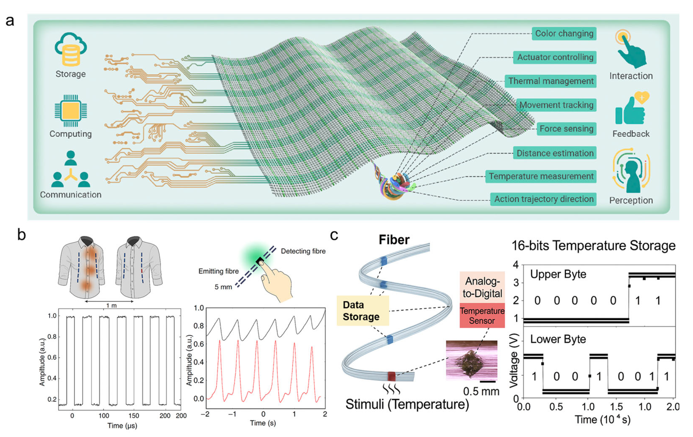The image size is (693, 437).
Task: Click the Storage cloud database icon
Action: point(70,49)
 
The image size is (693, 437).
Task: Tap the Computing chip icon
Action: point(70,111)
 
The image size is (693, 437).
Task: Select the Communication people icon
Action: point(70,170)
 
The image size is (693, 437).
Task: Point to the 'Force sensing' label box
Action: point(566,129)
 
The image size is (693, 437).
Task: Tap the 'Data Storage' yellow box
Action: point(363,311)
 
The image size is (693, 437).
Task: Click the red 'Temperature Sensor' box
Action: point(482,316)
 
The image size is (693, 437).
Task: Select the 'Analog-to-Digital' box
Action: point(482,287)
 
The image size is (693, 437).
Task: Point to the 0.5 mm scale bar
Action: point(488,382)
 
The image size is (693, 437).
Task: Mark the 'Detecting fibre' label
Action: point(303,251)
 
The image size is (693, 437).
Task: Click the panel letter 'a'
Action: point(10,21)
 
